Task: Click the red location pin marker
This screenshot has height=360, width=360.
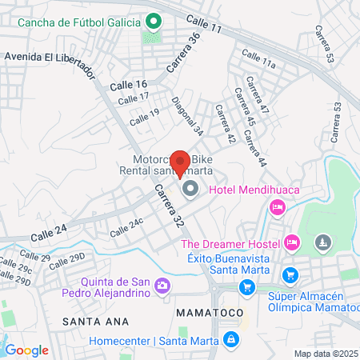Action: (181, 162)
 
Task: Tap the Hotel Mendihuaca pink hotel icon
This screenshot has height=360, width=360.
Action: (278, 208)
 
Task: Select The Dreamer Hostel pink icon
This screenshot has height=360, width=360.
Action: (292, 242)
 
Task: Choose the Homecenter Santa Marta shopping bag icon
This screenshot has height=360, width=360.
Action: (230, 339)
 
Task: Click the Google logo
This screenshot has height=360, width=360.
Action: (26, 350)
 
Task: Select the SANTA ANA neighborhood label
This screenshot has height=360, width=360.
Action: (86, 320)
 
